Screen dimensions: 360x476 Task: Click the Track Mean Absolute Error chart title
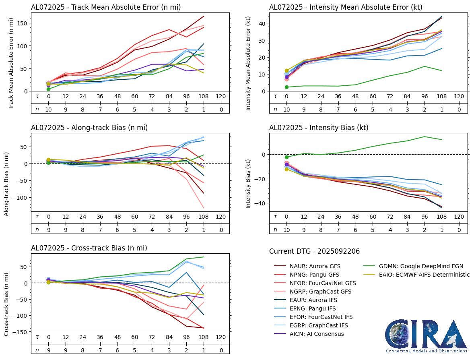point(106,7)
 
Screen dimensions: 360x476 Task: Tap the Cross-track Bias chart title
point(89,248)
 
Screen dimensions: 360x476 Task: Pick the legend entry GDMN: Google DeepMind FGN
point(412,266)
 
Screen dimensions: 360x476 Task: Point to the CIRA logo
point(427,336)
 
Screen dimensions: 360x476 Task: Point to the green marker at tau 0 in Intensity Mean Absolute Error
point(286,87)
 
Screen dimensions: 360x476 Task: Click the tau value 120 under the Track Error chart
point(221,97)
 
